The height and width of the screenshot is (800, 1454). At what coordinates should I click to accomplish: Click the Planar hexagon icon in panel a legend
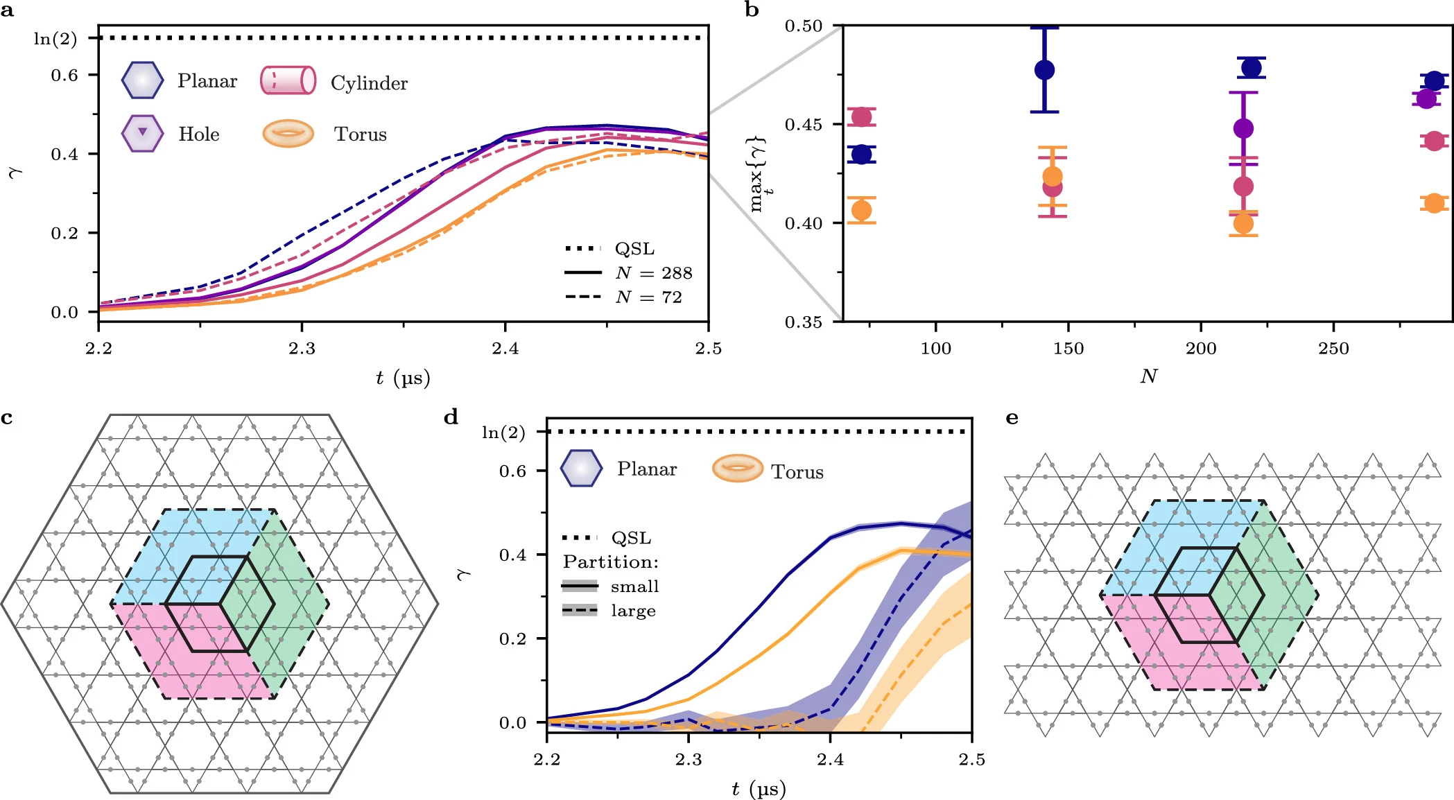pos(142,80)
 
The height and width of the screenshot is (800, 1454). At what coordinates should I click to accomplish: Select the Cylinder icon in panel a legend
pos(288,80)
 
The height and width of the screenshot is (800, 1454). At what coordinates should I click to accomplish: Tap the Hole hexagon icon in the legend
pos(142,133)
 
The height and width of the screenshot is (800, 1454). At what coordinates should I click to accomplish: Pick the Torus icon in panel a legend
pos(288,134)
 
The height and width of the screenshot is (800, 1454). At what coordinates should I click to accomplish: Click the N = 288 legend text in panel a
pos(653,273)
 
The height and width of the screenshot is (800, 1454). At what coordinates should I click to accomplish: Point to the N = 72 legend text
pos(648,297)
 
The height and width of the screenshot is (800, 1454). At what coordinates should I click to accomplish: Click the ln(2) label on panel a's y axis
pos(55,39)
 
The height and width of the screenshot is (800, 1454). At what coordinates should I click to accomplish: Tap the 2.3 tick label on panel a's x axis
pos(302,349)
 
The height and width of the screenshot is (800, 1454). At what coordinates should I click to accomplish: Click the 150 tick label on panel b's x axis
pos(1068,349)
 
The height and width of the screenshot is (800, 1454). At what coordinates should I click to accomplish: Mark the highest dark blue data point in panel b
pos(1252,68)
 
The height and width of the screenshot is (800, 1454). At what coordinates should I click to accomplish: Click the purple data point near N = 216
pos(1243,128)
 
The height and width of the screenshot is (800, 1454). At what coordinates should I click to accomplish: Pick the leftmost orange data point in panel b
pos(861,210)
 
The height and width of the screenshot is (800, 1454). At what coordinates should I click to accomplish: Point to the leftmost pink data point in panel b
pos(861,116)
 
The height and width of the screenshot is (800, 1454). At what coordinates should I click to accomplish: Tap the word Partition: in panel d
pos(610,562)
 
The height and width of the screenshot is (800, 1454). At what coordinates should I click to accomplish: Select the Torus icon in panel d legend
pos(737,469)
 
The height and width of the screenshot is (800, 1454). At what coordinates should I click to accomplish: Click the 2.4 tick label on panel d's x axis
pos(830,760)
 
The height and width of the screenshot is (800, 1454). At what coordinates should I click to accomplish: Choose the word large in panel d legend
pos(633,611)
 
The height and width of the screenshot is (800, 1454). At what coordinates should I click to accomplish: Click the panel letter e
pos(1012,418)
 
